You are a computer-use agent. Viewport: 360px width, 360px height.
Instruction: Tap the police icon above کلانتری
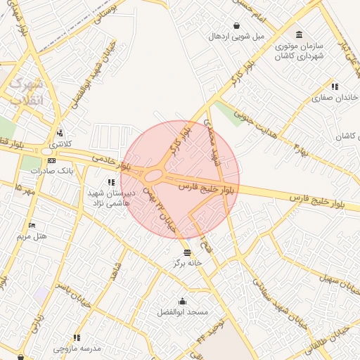[60, 132]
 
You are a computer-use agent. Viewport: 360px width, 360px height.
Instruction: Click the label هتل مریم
[34, 236]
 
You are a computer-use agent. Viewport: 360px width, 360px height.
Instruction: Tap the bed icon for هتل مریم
[32, 225]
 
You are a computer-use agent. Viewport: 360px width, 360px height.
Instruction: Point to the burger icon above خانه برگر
[187, 252]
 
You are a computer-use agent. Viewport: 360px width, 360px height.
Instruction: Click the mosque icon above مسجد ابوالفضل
[183, 300]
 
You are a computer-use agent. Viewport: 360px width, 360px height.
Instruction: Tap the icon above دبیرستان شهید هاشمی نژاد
[110, 182]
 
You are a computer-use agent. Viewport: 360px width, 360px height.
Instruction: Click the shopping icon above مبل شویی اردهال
[236, 25]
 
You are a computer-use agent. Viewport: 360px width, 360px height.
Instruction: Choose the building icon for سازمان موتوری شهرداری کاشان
[300, 34]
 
